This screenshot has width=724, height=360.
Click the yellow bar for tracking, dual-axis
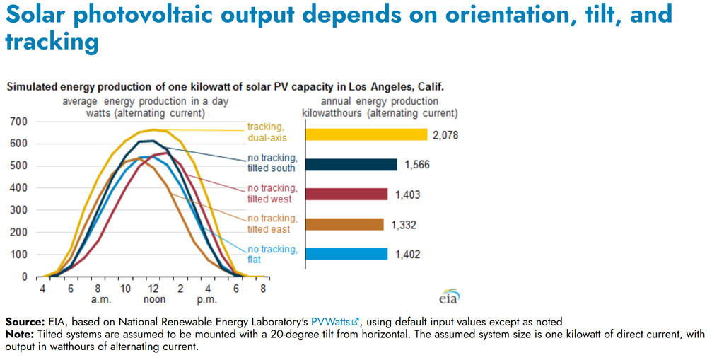click(x=367, y=134)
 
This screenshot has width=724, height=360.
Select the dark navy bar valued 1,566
click(x=351, y=165)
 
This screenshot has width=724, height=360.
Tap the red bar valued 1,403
click(x=346, y=194)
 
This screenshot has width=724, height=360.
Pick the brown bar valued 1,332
click(x=344, y=224)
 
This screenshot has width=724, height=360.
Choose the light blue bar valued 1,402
click(x=346, y=254)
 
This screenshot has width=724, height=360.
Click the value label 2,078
click(x=445, y=135)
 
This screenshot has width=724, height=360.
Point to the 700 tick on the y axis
click(x=19, y=122)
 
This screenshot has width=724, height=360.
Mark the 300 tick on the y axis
click(x=19, y=210)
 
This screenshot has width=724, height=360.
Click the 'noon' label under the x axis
click(x=153, y=299)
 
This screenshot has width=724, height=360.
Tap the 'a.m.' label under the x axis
click(x=98, y=299)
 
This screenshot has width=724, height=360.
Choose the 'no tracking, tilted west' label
click(x=272, y=193)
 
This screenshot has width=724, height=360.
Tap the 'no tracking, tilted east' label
click(x=272, y=223)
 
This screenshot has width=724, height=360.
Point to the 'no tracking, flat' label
click(x=272, y=255)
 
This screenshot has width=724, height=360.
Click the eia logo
click(x=450, y=296)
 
